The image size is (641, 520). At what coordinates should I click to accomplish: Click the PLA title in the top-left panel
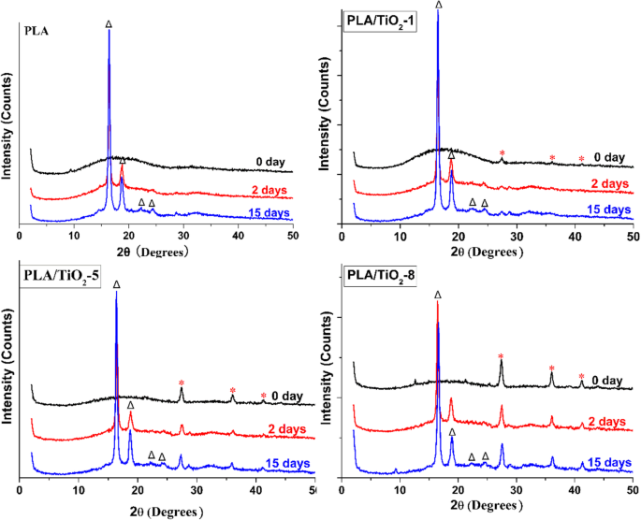(x=36, y=30)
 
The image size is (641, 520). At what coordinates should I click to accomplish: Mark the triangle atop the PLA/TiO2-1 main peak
(x=438, y=5)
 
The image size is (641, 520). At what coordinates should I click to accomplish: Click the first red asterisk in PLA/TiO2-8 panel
(x=502, y=356)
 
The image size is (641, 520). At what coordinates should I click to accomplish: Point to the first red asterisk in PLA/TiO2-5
(x=182, y=383)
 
